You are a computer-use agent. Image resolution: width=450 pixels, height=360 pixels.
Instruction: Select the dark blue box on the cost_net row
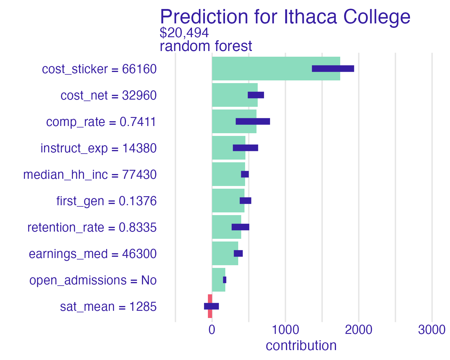(x=256, y=95)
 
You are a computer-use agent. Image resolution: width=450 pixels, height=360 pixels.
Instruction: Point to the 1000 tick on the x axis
(x=285, y=330)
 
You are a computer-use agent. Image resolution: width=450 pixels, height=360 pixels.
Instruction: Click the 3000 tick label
(x=432, y=330)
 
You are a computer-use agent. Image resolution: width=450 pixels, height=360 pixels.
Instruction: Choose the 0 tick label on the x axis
(x=212, y=330)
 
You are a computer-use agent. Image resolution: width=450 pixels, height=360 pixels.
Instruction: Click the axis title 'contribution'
(x=301, y=346)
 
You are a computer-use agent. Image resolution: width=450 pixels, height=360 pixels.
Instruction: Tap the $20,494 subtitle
(x=184, y=33)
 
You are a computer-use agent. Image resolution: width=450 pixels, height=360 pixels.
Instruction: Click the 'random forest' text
(x=206, y=46)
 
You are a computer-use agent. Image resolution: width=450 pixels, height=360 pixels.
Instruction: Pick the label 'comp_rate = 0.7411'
(x=101, y=122)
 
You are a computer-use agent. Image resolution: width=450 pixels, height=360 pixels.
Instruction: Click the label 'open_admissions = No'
(x=93, y=280)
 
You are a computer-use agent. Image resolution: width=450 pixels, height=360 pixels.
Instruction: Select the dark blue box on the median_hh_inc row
(x=245, y=174)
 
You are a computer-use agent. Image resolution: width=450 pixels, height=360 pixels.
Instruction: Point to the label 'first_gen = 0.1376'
(x=106, y=201)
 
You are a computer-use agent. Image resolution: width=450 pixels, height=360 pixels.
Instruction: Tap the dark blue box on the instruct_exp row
(x=245, y=148)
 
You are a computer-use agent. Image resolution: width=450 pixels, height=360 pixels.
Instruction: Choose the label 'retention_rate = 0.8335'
(x=92, y=228)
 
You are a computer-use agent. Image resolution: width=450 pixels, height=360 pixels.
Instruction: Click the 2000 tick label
(x=358, y=330)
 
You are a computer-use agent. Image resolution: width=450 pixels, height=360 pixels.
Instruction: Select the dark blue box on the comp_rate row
(x=253, y=121)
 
